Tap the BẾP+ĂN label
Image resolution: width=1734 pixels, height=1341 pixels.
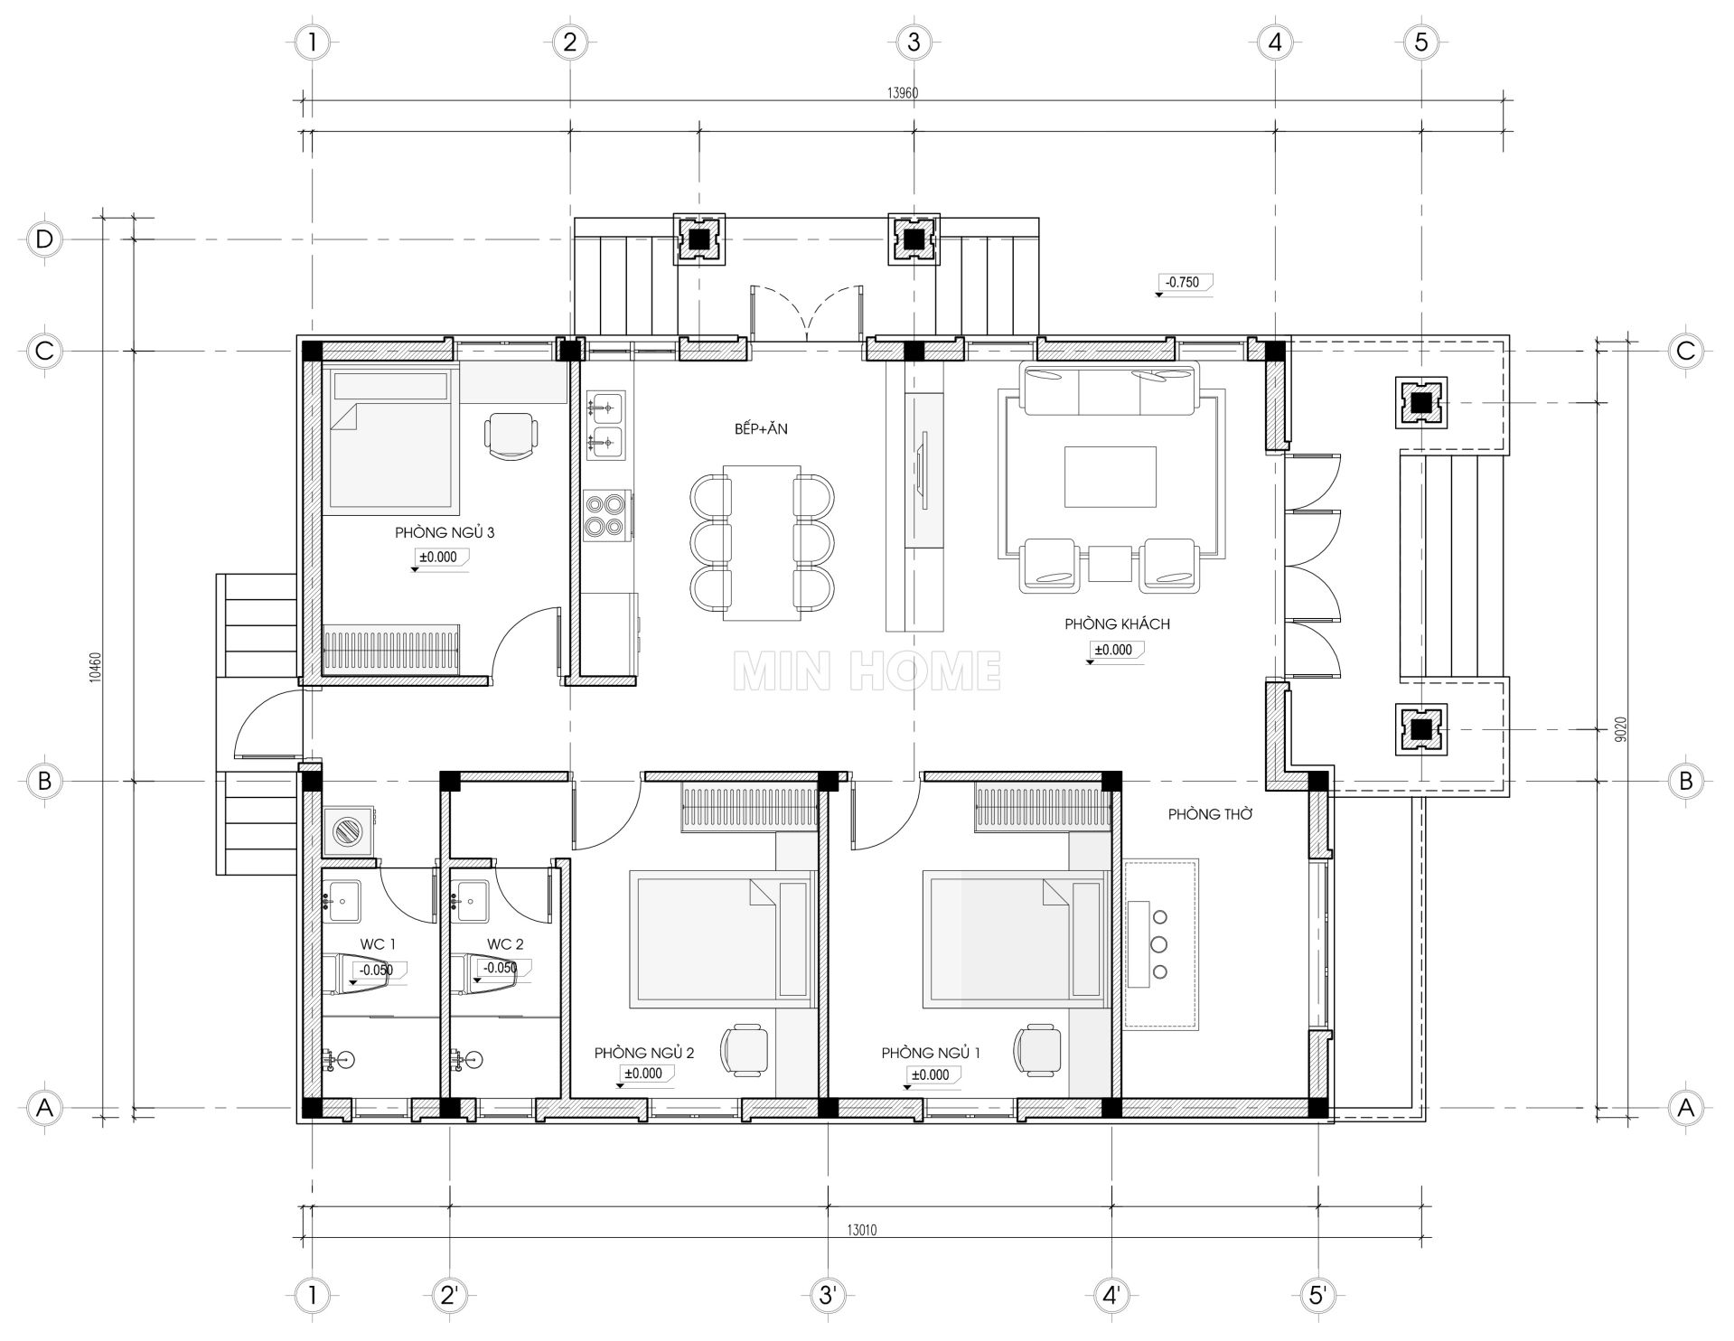(761, 428)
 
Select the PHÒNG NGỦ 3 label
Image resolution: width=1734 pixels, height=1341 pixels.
(445, 533)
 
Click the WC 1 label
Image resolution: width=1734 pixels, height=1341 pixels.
(379, 944)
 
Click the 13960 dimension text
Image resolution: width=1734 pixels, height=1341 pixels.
(904, 92)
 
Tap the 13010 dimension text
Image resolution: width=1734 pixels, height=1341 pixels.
(861, 1230)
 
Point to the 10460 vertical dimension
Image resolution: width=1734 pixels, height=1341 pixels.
(96, 668)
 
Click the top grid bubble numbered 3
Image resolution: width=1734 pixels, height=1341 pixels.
(914, 42)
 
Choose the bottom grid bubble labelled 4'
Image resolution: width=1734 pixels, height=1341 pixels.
(1111, 1295)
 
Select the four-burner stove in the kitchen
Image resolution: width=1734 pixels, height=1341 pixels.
(606, 516)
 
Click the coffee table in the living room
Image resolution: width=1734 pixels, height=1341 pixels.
(1111, 477)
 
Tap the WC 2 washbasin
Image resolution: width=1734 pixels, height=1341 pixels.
(467, 901)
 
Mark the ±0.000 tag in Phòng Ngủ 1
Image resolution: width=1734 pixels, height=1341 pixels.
(930, 1076)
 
